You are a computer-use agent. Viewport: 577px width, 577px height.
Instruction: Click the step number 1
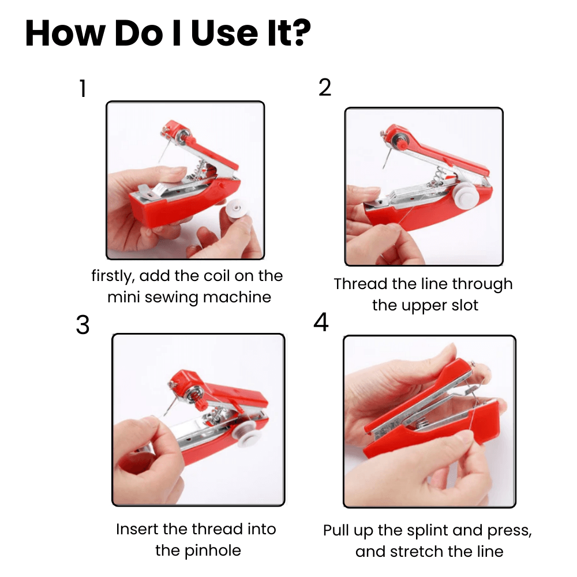click(x=83, y=89)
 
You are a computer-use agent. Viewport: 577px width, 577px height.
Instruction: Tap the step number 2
click(x=325, y=87)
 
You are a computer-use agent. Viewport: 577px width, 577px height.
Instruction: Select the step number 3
click(x=83, y=325)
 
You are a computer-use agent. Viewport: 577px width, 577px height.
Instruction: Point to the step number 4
click(x=321, y=323)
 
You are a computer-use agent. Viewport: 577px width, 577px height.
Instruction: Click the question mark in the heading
click(x=299, y=34)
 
